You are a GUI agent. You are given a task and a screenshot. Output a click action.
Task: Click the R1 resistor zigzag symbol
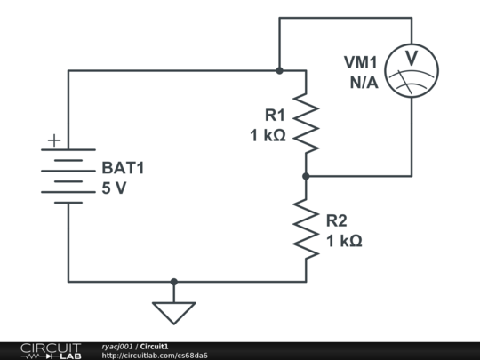point(306,124)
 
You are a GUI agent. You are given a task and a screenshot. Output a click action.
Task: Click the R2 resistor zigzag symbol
point(306,229)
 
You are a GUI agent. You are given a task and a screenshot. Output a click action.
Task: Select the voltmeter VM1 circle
point(412,71)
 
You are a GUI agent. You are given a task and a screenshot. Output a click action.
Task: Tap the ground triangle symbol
point(174,313)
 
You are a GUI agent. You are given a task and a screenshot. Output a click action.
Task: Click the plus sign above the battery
point(54,140)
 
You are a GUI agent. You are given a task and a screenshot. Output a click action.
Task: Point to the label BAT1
point(123,168)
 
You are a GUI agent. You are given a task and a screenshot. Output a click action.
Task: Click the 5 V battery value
point(114,188)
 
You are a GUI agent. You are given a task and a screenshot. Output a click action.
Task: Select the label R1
point(275,115)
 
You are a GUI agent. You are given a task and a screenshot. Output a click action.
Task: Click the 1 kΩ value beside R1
point(268,135)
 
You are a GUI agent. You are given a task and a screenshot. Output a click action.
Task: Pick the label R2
point(336,220)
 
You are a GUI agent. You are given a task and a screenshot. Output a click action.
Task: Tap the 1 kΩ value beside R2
point(344,241)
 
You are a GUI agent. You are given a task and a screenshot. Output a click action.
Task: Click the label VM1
point(361,62)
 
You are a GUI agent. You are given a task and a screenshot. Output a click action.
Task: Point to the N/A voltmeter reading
point(364,83)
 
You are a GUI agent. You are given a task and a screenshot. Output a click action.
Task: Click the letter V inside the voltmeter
point(412,58)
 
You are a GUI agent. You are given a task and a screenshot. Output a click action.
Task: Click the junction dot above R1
point(279,71)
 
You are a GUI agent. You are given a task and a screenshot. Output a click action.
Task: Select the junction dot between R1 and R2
point(306,176)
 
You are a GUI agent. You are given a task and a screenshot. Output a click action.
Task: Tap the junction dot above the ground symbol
point(174,282)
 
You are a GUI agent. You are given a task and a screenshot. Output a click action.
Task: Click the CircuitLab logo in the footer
point(51,351)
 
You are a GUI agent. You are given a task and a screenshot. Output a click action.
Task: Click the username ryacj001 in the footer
point(117,347)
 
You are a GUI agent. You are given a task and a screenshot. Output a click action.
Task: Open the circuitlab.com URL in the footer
point(155,356)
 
